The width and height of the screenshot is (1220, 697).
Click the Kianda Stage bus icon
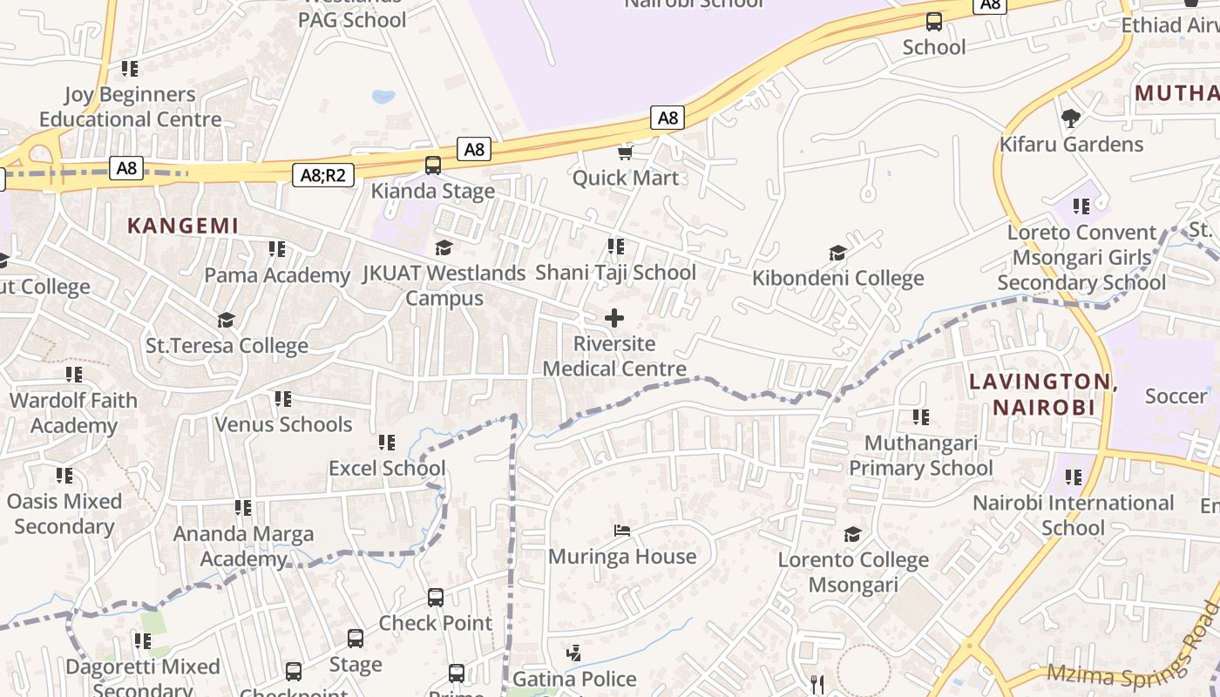tap(433, 166)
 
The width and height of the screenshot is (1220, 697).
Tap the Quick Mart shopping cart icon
tap(625, 153)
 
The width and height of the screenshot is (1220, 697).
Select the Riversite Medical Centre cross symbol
tap(614, 318)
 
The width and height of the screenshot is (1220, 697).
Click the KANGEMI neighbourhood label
tap(183, 226)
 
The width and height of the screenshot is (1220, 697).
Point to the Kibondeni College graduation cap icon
tap(837, 254)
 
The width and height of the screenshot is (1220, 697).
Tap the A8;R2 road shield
tap(322, 175)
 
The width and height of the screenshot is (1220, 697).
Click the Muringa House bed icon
tap(622, 530)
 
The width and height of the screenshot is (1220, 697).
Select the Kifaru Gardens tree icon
tap(1071, 118)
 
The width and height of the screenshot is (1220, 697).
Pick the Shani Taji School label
tap(615, 273)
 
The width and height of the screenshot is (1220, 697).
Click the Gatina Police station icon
tap(573, 653)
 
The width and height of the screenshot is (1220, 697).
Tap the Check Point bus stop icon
tap(436, 598)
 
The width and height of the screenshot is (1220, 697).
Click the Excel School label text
tap(387, 468)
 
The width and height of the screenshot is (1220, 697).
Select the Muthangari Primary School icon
tap(921, 417)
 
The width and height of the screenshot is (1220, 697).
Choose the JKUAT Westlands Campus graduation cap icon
tap(444, 248)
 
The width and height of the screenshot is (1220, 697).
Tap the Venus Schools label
tap(283, 424)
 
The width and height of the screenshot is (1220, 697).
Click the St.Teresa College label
tap(227, 346)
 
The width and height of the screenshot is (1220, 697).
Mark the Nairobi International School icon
tap(1074, 477)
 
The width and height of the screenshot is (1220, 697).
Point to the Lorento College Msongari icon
tap(852, 534)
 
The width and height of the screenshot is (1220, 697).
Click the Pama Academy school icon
tap(277, 250)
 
